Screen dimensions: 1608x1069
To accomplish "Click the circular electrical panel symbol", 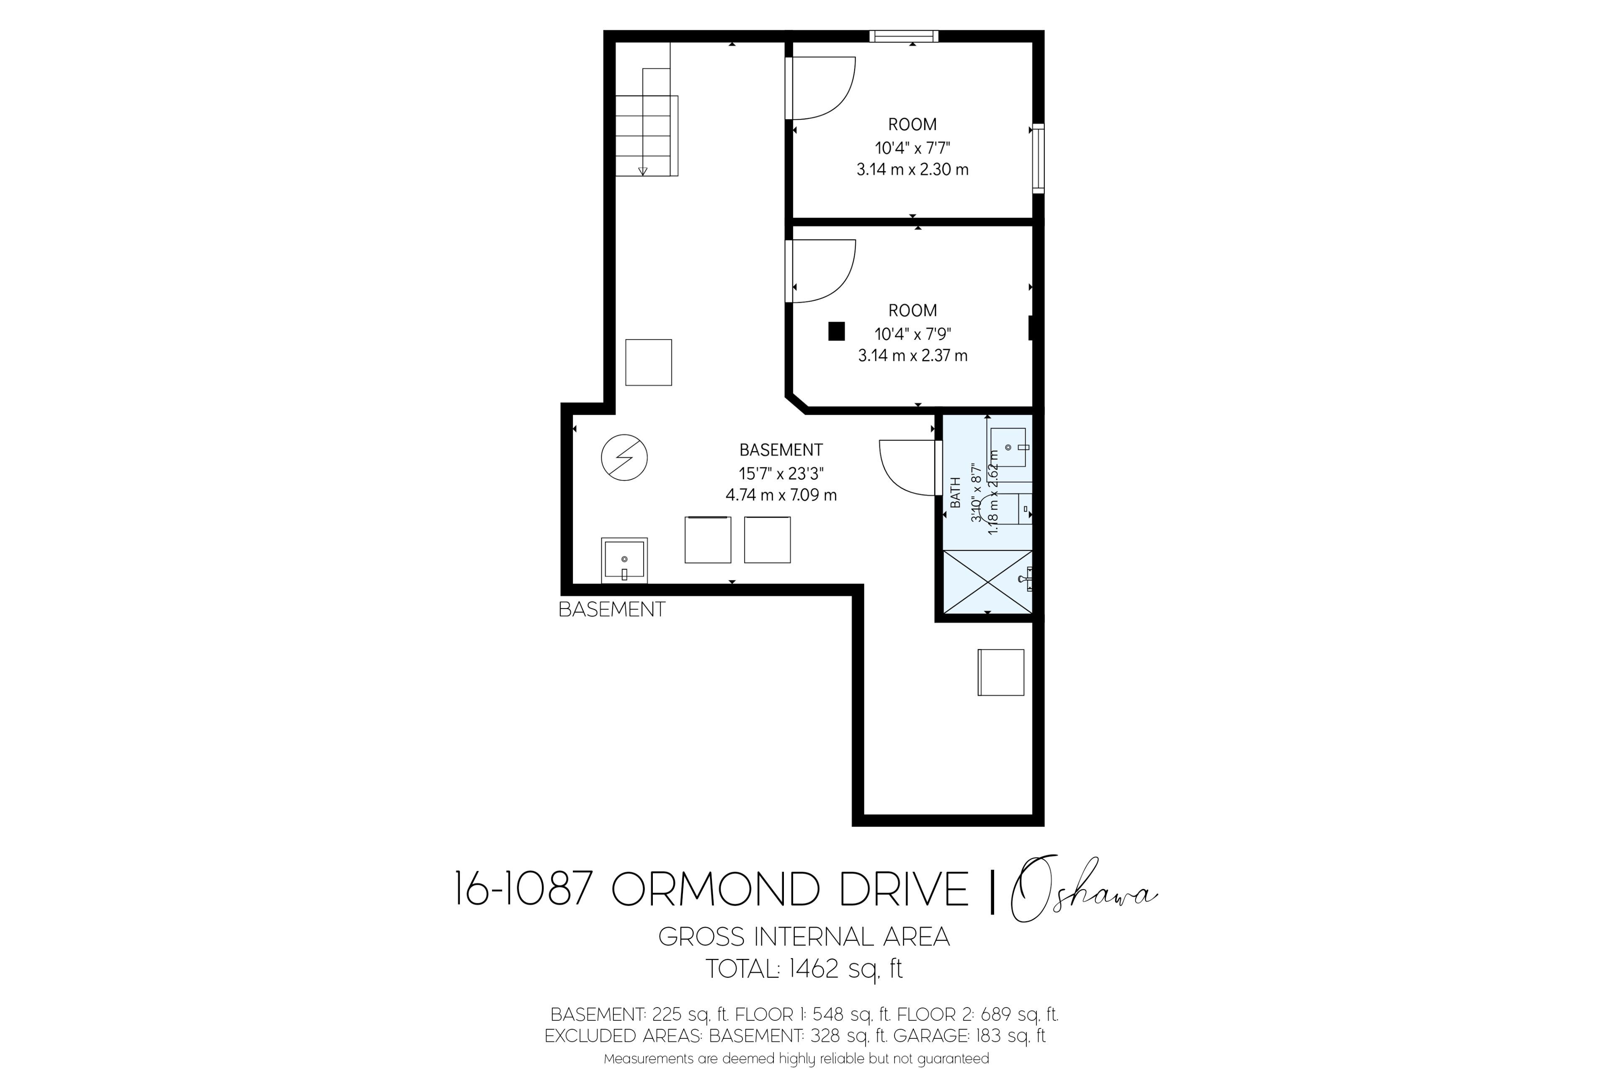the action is coord(624,457).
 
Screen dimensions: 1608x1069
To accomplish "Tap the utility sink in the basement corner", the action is coord(624,560).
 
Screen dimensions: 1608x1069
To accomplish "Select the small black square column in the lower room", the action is coord(836,331).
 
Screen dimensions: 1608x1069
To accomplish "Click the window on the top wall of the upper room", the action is coord(904,36).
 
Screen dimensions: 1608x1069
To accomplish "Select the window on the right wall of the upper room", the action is coord(1038,158).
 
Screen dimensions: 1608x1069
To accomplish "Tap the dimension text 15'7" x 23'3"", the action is coord(781,473).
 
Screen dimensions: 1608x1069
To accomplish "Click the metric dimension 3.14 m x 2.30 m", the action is coord(912,169).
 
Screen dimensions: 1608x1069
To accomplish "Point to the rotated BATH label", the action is coord(956,492).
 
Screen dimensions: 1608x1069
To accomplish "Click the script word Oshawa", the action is coord(1084,888).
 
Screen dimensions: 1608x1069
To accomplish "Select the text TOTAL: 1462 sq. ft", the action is coord(804,968).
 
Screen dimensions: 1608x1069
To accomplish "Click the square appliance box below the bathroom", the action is coord(1001,672).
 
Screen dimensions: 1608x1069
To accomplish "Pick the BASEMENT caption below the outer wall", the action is coord(612,609).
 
